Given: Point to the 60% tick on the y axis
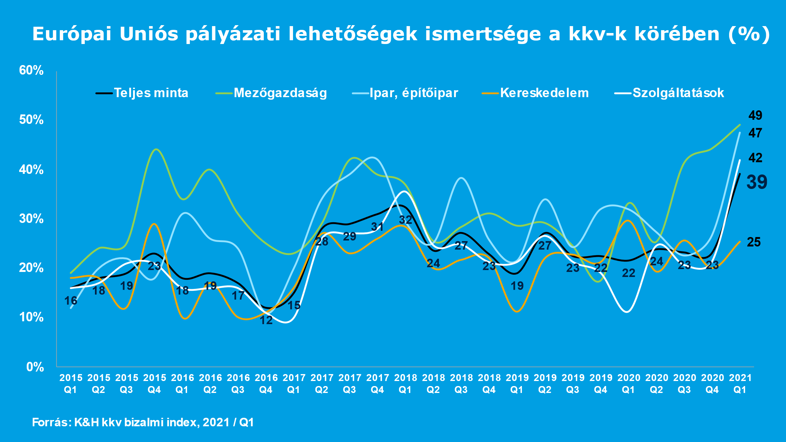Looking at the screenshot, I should click(x=31, y=70).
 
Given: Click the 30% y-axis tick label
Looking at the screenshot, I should click(x=31, y=219).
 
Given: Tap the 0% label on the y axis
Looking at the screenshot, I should click(x=35, y=367).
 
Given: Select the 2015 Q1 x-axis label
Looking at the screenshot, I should click(x=71, y=384).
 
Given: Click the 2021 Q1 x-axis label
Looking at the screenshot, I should click(x=740, y=384).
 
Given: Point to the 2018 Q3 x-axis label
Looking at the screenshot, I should click(x=461, y=384).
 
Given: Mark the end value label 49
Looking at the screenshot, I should click(x=755, y=115).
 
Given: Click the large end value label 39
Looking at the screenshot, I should click(x=757, y=182).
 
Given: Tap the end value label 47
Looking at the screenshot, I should click(x=755, y=133).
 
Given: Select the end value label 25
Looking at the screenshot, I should click(x=754, y=242).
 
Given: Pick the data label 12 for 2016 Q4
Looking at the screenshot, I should click(x=266, y=320).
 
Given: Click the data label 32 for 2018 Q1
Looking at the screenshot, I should click(x=406, y=220).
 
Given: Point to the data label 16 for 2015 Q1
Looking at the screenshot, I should click(x=71, y=301).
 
